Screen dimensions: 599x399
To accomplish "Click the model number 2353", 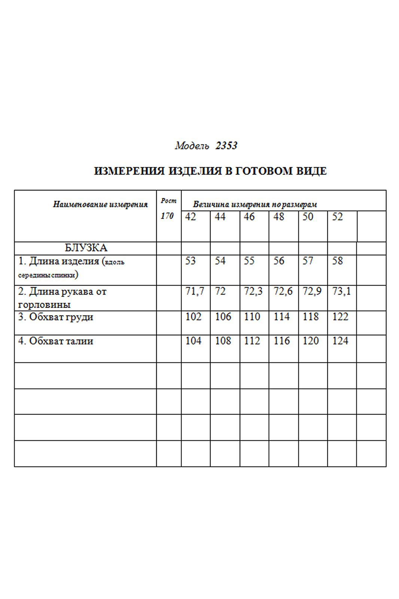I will pyautogui.click(x=226, y=146).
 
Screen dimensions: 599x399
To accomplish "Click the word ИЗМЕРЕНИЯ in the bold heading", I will pyautogui.click(x=129, y=171).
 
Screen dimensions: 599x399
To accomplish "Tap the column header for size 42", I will pyautogui.click(x=191, y=217).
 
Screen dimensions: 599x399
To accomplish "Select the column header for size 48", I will pyautogui.click(x=279, y=217).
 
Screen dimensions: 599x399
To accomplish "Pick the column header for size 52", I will pyautogui.click(x=337, y=217).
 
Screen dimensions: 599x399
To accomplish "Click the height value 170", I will pyautogui.click(x=167, y=216).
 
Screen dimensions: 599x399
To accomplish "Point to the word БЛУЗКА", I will pyautogui.click(x=86, y=248).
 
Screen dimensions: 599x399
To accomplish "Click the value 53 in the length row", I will pyautogui.click(x=191, y=261).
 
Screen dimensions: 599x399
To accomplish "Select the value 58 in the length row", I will pyautogui.click(x=337, y=261).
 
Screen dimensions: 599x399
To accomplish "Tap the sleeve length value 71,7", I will pyautogui.click(x=195, y=291).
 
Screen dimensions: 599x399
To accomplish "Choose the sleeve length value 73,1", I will pyautogui.click(x=341, y=291).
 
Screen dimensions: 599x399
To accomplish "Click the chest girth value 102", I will pyautogui.click(x=193, y=317).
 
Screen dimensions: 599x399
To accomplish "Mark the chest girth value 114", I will pyautogui.click(x=281, y=317).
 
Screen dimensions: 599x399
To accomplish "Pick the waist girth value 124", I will pyautogui.click(x=340, y=341).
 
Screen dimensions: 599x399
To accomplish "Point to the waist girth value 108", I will pyautogui.click(x=223, y=341).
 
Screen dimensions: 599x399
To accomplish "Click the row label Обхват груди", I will pyautogui.click(x=61, y=317).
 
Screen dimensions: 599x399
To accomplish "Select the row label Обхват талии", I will pyautogui.click(x=61, y=341).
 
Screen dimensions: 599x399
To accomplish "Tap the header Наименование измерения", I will pyautogui.click(x=100, y=204).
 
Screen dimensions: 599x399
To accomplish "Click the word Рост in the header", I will pyautogui.click(x=168, y=201).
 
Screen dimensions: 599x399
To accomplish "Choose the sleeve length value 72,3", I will pyautogui.click(x=253, y=291).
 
